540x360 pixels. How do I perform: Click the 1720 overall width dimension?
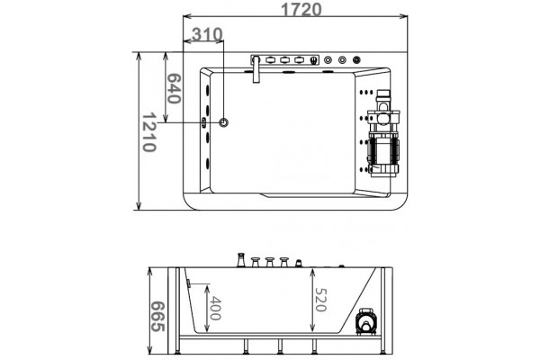pyautogui.click(x=301, y=9)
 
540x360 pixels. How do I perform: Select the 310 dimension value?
pyautogui.click(x=207, y=34)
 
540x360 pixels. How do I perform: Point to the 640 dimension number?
pyautogui.click(x=173, y=88)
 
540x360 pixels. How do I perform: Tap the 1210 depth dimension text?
pyautogui.click(x=149, y=132)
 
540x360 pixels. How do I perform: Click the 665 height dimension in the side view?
pyautogui.click(x=158, y=317)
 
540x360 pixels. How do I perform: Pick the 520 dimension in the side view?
pyautogui.click(x=320, y=300)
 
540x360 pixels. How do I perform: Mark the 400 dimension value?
pyautogui.click(x=215, y=308)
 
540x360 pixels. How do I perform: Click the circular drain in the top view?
pyautogui.click(x=224, y=122)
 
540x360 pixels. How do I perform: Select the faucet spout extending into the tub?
pyautogui.click(x=256, y=69)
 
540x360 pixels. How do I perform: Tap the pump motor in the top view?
pyautogui.click(x=382, y=134)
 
